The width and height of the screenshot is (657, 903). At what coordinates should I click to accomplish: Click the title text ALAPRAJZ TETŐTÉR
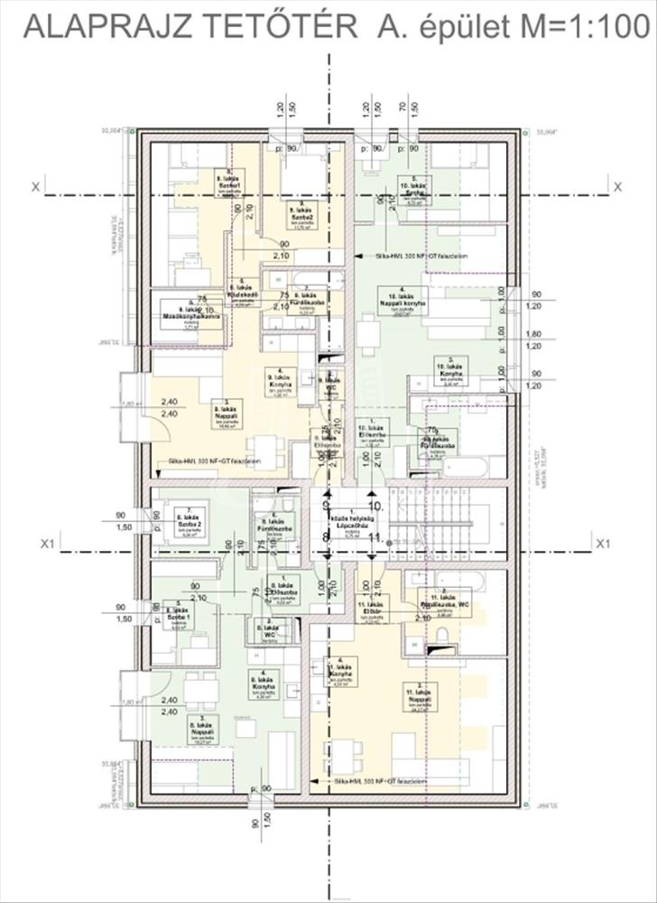point(190,27)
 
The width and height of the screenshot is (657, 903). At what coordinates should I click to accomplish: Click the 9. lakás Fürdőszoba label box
point(306,302)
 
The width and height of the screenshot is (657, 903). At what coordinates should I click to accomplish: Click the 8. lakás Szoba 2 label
point(190,523)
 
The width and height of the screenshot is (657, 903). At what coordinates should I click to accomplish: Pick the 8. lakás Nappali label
point(192,731)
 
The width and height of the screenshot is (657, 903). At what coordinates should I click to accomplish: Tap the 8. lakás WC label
point(269,631)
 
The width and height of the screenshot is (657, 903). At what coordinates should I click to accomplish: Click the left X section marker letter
point(34,187)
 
